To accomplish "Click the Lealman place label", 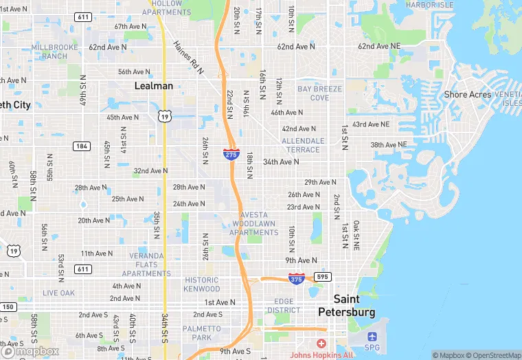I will [x=153, y=86].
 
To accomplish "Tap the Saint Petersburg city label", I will [x=347, y=305].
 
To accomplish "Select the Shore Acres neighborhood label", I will [x=467, y=95].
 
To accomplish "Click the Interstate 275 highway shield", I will [x=231, y=155].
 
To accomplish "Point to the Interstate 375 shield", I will [x=297, y=279].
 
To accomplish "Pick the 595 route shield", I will [x=324, y=277].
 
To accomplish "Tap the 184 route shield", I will [x=82, y=146].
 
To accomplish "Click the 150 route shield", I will [x=8, y=306].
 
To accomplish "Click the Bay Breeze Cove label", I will [x=313, y=93].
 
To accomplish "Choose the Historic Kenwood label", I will [x=202, y=284].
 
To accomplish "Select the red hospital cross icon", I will [x=321, y=343].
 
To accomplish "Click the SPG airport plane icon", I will [x=372, y=337].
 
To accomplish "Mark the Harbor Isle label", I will [x=429, y=5].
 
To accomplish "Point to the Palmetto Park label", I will [x=202, y=333].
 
